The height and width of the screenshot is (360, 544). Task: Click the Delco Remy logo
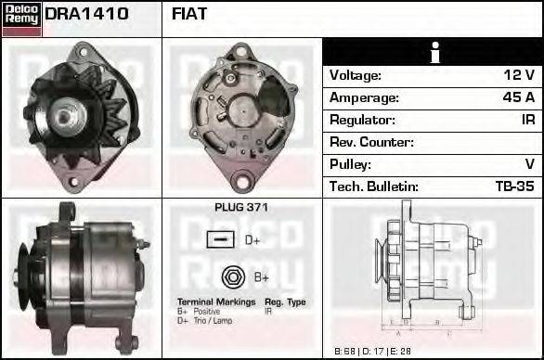(x=21, y=18)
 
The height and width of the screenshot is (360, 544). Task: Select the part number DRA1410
(x=86, y=15)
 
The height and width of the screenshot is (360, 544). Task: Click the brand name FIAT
(x=189, y=15)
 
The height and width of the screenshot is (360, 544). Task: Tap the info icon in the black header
(x=433, y=53)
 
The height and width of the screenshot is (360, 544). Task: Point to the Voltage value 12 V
(x=520, y=76)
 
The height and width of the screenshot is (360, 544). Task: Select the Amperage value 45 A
(x=518, y=98)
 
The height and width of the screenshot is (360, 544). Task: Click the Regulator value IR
(x=527, y=121)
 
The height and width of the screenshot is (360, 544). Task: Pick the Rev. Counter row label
(x=371, y=143)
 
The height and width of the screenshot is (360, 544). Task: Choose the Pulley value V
(x=529, y=165)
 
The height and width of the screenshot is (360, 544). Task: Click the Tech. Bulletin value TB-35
(x=514, y=187)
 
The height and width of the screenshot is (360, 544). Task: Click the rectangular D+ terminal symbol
(x=220, y=240)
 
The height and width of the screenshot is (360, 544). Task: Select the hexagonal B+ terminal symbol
(x=232, y=276)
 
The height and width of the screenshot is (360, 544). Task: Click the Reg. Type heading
(x=285, y=302)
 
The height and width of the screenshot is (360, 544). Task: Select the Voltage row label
(x=355, y=76)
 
